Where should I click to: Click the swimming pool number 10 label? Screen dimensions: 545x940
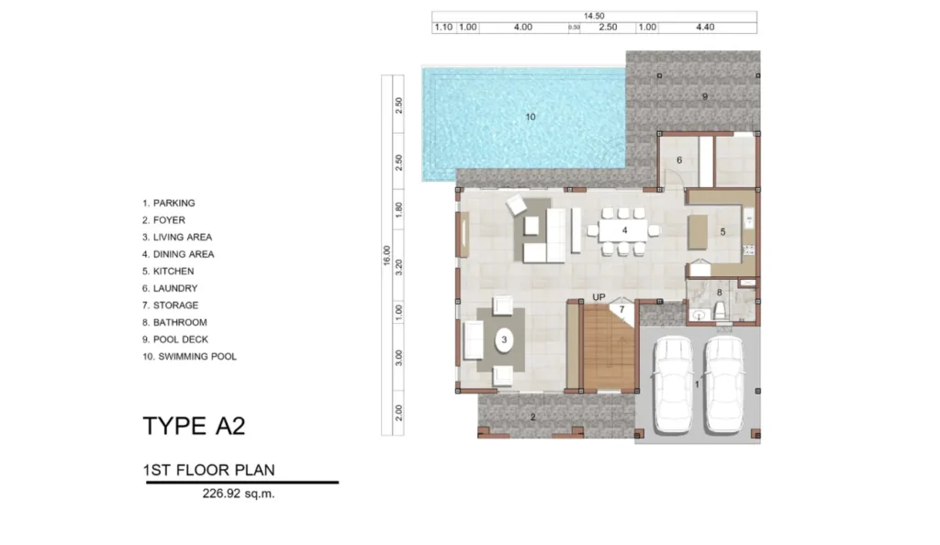(x=531, y=117)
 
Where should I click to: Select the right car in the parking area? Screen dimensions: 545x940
(x=723, y=383)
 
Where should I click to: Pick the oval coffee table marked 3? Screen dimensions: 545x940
(x=505, y=339)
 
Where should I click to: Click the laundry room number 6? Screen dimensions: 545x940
(x=679, y=160)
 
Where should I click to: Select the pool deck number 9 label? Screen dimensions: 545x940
(x=705, y=96)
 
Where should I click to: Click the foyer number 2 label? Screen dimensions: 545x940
(x=532, y=417)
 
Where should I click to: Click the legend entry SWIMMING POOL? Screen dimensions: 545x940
(x=189, y=357)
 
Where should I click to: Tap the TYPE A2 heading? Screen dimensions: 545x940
(x=194, y=426)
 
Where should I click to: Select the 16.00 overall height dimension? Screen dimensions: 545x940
(x=386, y=255)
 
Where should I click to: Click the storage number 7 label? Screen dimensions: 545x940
(x=621, y=309)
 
